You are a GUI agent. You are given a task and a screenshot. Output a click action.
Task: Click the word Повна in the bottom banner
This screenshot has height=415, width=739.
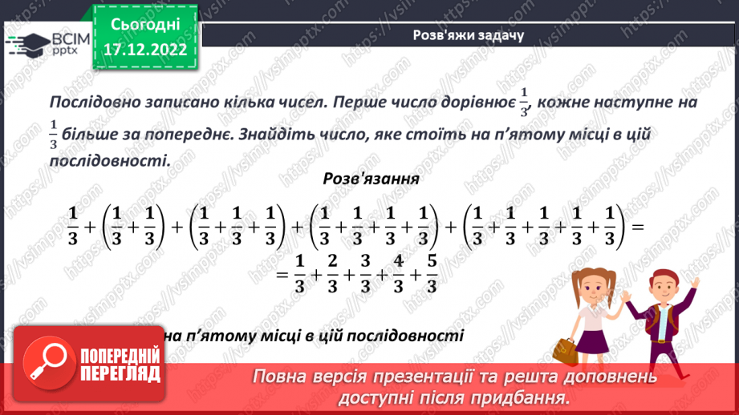[282, 377]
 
